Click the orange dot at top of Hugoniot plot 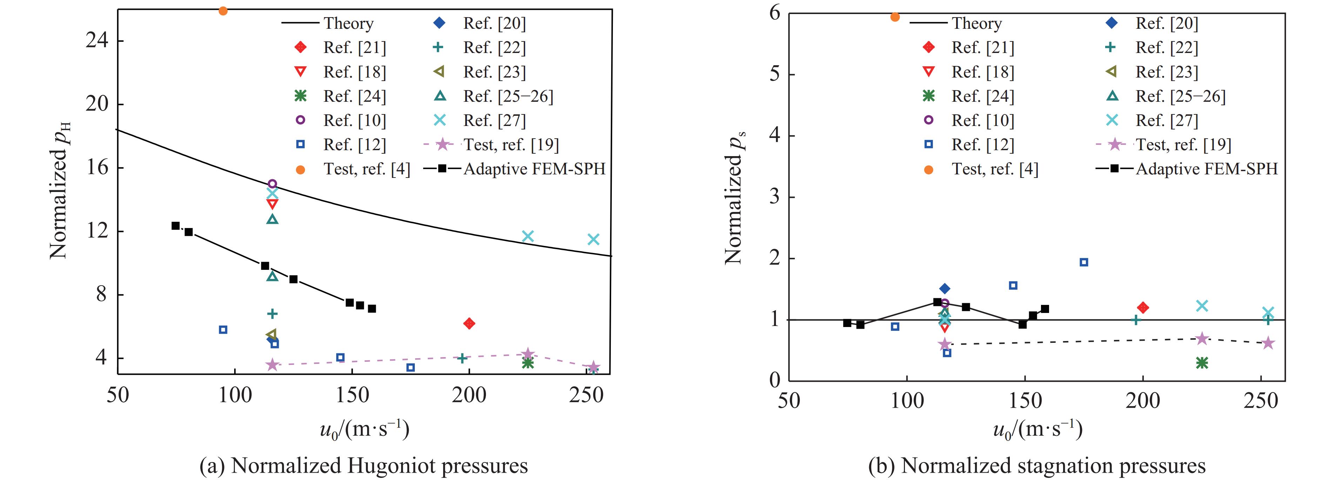point(223,11)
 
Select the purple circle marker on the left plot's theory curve point(273,184)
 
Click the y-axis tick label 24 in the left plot point(97,41)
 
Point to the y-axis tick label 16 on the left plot point(97,168)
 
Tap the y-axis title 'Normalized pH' point(60,191)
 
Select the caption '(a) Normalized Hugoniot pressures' point(363,466)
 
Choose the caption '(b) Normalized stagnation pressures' point(1036,466)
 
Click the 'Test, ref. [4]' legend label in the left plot point(366,169)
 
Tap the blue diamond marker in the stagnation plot point(944,289)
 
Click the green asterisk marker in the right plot point(1202,363)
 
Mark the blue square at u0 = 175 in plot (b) point(1084,262)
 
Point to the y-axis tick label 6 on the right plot point(775,13)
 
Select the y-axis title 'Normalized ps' point(735,198)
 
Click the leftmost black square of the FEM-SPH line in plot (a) point(175,226)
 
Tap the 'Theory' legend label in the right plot point(976,24)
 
